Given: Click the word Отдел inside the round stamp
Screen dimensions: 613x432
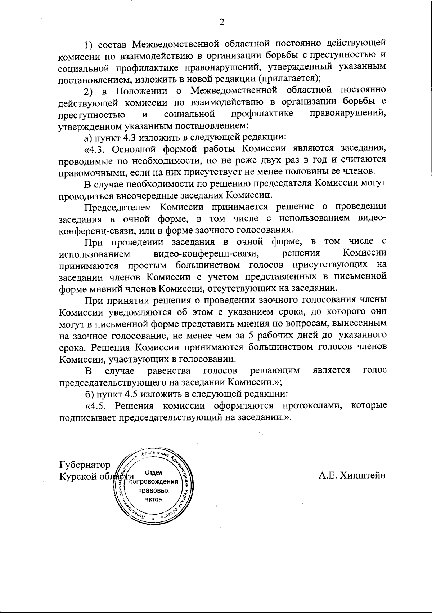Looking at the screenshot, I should click(x=154, y=472).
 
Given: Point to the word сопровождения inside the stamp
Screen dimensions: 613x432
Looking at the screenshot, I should click(x=154, y=482).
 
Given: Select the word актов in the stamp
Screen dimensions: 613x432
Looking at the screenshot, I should click(x=154, y=499).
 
